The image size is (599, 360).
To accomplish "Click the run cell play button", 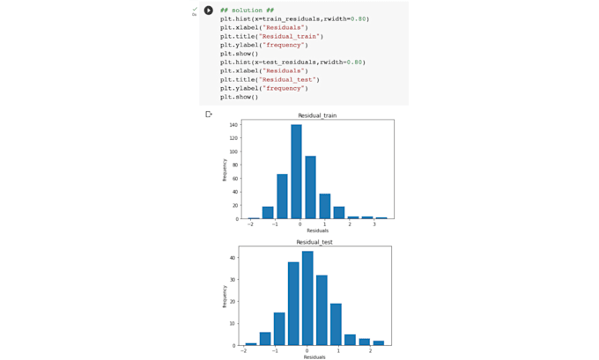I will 209,11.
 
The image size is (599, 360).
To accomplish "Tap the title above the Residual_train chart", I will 317,115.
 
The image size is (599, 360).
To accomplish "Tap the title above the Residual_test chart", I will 314,241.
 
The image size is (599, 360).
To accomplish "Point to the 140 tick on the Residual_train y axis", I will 234,125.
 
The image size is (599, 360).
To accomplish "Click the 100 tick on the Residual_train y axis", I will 234,151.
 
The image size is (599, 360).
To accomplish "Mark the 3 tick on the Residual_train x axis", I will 373,224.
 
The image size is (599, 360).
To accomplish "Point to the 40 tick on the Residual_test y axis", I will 233,258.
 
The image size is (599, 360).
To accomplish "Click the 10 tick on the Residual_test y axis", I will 233,324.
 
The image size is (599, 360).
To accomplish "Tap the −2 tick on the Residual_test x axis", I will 244,350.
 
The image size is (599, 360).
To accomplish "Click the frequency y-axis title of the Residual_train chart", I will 225,169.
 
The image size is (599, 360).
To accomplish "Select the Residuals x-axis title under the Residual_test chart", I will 314,356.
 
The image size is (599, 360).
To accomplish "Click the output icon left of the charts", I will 209,114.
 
